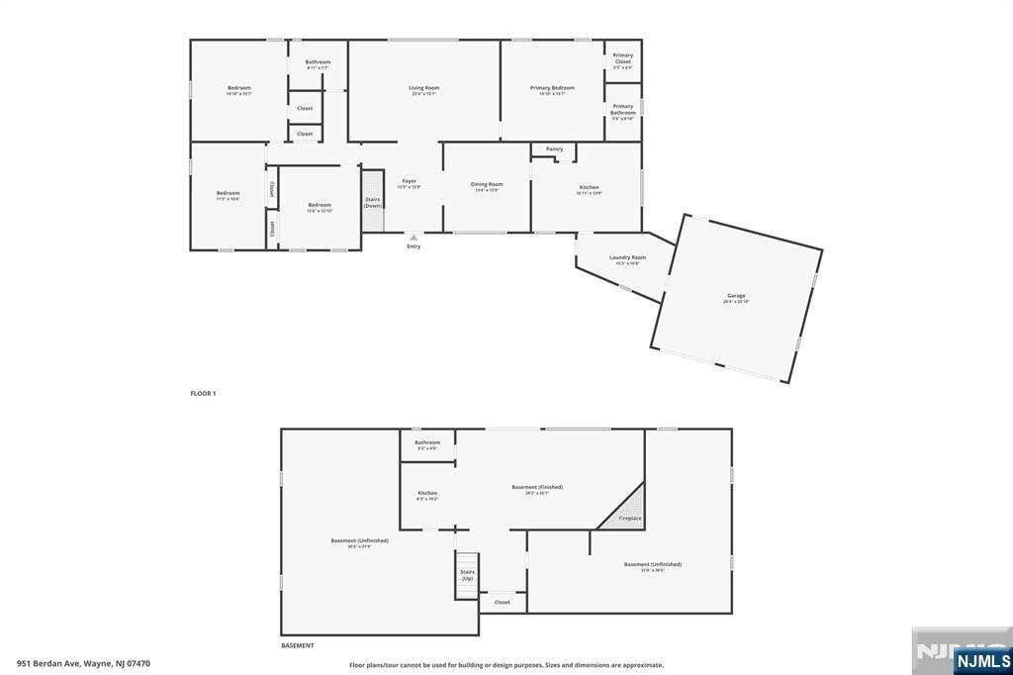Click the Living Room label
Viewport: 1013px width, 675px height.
point(424,88)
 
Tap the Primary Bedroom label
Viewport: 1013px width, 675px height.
point(552,88)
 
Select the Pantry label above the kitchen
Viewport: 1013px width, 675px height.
point(555,149)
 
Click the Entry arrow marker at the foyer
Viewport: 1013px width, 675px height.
point(414,238)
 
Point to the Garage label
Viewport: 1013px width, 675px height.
point(736,296)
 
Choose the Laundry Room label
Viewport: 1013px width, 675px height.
point(627,257)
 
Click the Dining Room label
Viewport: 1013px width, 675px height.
point(487,184)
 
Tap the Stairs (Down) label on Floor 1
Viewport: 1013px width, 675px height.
point(373,202)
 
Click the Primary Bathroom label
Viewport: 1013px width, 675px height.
point(622,109)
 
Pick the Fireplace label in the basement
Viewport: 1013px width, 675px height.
point(630,518)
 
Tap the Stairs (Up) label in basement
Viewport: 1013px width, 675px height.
point(467,574)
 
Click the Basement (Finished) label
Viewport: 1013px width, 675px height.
point(537,487)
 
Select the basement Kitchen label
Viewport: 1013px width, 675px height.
point(427,493)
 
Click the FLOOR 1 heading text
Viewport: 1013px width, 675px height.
point(203,394)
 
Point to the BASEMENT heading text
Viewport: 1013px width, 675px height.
point(298,645)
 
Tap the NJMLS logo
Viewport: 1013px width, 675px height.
point(982,660)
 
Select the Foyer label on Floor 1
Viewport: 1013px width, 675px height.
point(409,182)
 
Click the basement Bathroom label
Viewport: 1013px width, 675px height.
point(427,442)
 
